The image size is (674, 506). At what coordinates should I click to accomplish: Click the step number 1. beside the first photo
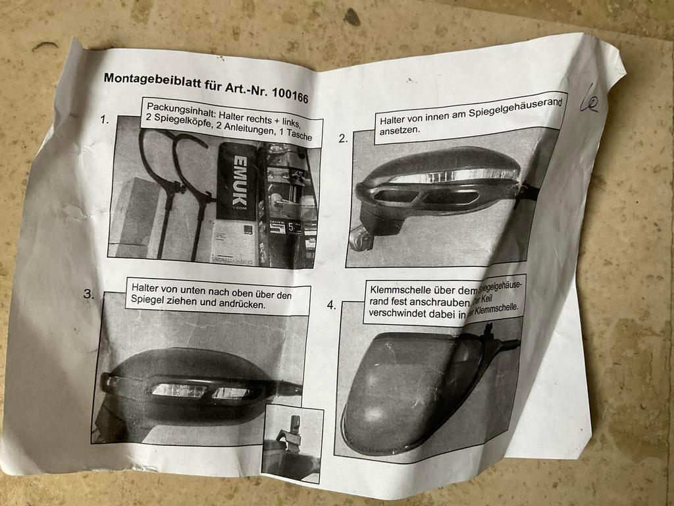tap(105, 120)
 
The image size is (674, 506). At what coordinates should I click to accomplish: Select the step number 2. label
tap(343, 138)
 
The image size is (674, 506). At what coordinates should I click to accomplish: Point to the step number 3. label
tap(89, 295)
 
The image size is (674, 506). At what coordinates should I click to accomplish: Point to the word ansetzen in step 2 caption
tap(399, 130)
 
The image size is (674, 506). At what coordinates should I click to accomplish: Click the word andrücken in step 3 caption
tap(242, 305)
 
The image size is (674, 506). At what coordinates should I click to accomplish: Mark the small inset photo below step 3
tap(292, 442)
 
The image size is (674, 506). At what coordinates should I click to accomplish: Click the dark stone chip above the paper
tap(352, 17)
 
